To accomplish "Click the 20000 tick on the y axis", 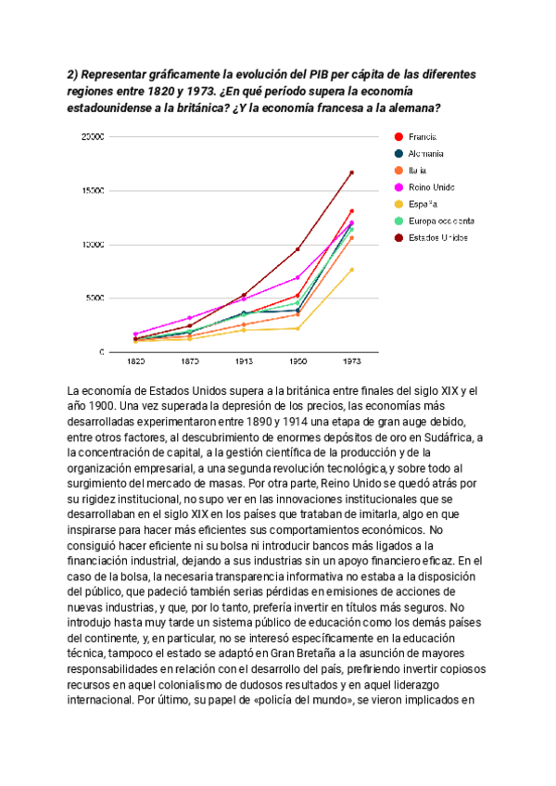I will point(93,136).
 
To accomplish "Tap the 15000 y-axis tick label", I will point(93,190).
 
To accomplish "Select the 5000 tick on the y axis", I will point(95,298).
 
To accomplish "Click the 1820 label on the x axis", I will point(135,361).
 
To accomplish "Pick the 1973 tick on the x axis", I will point(351,361).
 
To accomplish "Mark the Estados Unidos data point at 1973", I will point(351,172).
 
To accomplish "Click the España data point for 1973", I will point(351,270).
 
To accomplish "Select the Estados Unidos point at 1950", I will point(297,249).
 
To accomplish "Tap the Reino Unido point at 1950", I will point(297,277).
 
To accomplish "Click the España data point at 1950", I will point(297,328).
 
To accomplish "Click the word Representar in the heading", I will point(118,73).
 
